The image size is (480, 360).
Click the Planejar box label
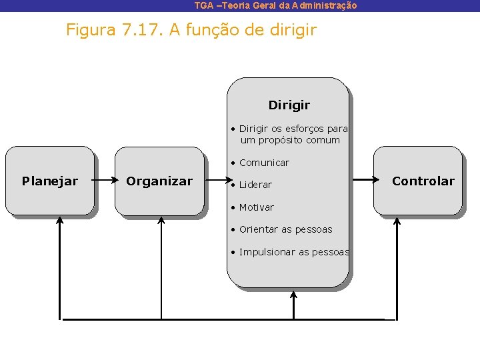pyautogui.click(x=50, y=181)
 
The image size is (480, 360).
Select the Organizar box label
pyautogui.click(x=159, y=181)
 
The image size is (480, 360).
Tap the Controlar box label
pyautogui.click(x=423, y=181)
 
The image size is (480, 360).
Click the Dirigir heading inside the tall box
pyautogui.click(x=289, y=105)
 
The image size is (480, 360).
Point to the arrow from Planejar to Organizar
pyautogui.click(x=105, y=180)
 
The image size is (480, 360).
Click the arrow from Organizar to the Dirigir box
pyautogui.click(x=215, y=180)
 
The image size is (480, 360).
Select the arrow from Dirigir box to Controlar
pyautogui.click(x=361, y=179)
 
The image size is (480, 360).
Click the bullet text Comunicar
pyautogui.click(x=264, y=163)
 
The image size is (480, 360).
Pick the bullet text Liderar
pyautogui.click(x=255, y=185)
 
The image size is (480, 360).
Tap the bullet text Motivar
pyautogui.click(x=257, y=207)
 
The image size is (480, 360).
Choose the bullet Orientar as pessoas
pyautogui.click(x=285, y=229)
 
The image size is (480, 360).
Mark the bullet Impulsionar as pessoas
pyautogui.click(x=293, y=252)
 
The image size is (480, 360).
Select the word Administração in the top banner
pyautogui.click(x=325, y=5)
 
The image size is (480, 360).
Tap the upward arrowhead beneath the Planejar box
pyautogui.click(x=60, y=221)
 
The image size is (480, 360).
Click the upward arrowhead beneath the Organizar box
pyautogui.click(x=161, y=221)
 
